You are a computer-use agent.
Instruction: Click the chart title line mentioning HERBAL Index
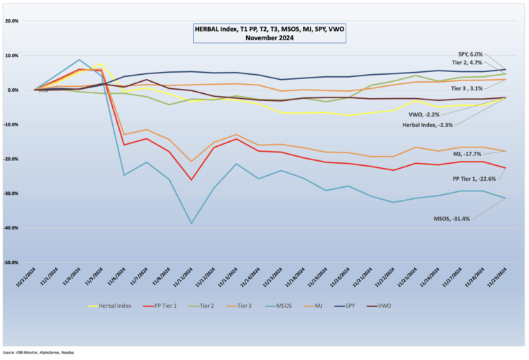coord(271,30)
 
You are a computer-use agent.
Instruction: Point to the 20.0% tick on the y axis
coord(12,21)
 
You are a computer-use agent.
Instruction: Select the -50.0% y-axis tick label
coord(12,263)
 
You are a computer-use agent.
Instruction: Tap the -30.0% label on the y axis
coord(12,193)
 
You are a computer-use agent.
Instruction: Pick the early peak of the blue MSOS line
coord(79,60)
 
